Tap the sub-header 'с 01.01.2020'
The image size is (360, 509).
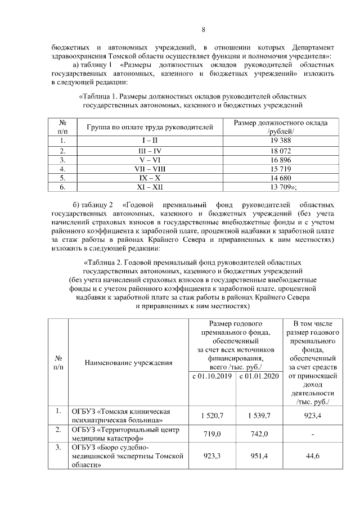(x=259, y=376)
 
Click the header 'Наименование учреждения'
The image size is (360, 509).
(x=128, y=362)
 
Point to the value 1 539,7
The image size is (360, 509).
(x=259, y=415)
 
